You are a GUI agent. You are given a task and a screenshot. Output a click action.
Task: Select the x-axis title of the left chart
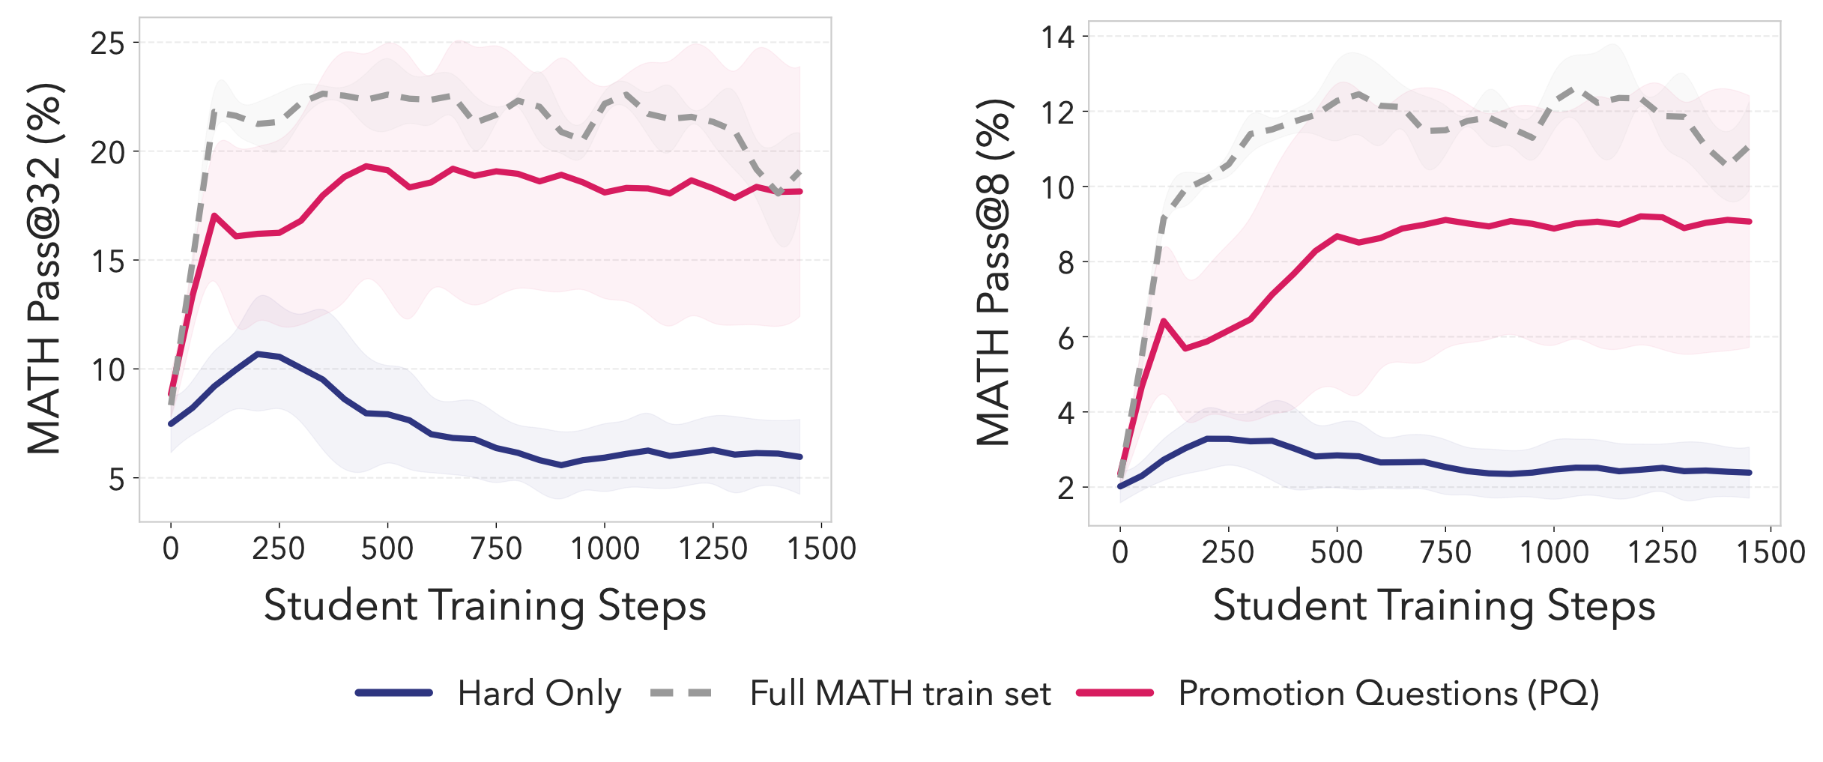tap(485, 605)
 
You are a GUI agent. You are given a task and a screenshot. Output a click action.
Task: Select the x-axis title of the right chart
tap(1434, 605)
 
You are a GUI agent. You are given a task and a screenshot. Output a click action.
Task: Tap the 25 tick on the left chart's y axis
tap(107, 43)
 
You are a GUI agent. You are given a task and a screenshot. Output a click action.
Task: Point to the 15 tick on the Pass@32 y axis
tap(107, 261)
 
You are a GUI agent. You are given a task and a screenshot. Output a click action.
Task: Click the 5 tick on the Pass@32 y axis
tap(116, 479)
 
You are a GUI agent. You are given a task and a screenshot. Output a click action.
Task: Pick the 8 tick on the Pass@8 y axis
tap(1065, 262)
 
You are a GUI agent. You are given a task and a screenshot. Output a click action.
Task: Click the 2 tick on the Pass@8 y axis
tap(1065, 488)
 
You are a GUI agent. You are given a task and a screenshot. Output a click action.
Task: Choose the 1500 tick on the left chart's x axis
tap(821, 549)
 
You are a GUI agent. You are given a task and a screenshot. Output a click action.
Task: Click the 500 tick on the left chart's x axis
tap(387, 549)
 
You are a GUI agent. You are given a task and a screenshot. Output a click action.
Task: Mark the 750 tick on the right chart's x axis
tap(1445, 552)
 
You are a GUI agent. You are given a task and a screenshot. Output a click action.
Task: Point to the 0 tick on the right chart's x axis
tap(1120, 552)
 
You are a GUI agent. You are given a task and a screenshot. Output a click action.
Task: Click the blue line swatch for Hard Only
tap(394, 693)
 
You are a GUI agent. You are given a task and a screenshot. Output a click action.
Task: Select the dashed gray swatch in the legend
tap(680, 693)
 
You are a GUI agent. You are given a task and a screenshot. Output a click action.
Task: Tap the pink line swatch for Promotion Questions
tap(1114, 693)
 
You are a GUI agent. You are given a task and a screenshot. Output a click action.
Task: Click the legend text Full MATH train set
tap(900, 694)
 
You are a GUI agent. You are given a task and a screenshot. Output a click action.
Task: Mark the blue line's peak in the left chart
tap(258, 354)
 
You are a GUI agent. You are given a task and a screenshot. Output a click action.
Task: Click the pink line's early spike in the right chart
tap(1164, 321)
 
